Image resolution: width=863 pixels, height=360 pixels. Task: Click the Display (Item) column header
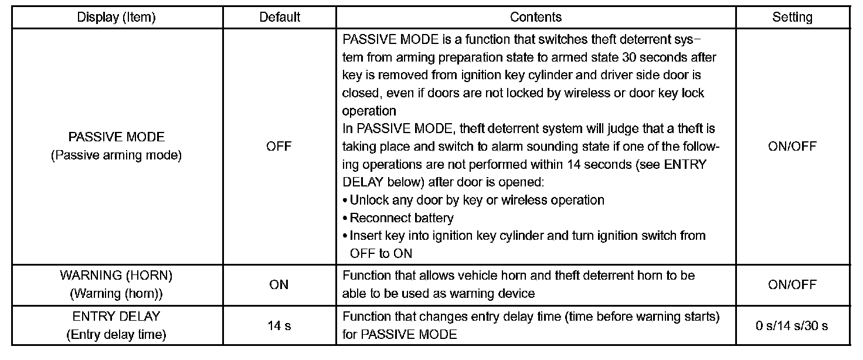pos(116,17)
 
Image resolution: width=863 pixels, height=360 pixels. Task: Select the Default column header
pos(280,17)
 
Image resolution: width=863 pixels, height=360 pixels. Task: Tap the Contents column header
pos(536,17)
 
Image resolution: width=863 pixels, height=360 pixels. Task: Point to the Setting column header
pos(792,17)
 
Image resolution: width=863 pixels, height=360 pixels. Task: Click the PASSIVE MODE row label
pos(116,137)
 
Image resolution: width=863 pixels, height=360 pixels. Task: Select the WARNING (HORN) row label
pos(116,275)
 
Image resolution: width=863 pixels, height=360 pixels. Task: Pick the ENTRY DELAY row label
pos(116,317)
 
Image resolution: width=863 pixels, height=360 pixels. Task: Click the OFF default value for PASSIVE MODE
pos(279,147)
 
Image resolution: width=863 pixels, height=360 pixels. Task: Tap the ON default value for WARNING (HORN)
pos(279,284)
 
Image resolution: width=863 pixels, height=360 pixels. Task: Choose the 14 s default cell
pos(279,326)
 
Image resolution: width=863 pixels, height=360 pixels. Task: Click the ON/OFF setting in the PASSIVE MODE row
pos(792,147)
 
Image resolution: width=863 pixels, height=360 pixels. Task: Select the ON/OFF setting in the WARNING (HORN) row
pos(792,284)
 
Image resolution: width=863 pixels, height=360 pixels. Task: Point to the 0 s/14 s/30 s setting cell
pos(792,326)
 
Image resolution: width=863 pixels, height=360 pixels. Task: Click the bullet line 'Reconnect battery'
pos(402,218)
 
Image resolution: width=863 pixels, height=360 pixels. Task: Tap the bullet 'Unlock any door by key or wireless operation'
pos(477,200)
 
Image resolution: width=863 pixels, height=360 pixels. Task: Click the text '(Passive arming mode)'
pos(116,156)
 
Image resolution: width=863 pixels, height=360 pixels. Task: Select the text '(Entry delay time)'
pos(116,335)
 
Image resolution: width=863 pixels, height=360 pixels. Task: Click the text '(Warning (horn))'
pos(116,293)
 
